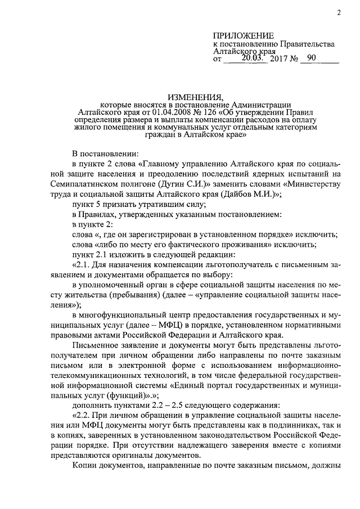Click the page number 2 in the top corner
tap(339, 13)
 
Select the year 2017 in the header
tap(280, 58)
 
